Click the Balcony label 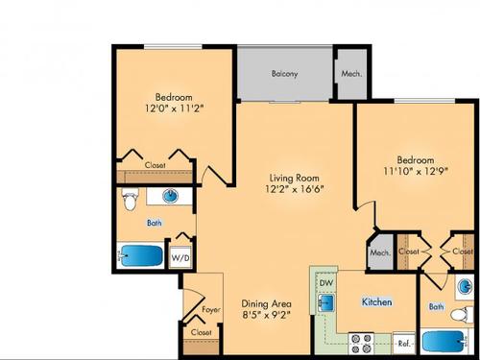283,73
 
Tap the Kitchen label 376,301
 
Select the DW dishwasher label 324,284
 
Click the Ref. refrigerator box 404,342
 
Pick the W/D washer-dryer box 180,257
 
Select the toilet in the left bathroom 132,200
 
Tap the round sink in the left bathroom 171,198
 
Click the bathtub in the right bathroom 445,341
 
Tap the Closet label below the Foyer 201,332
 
